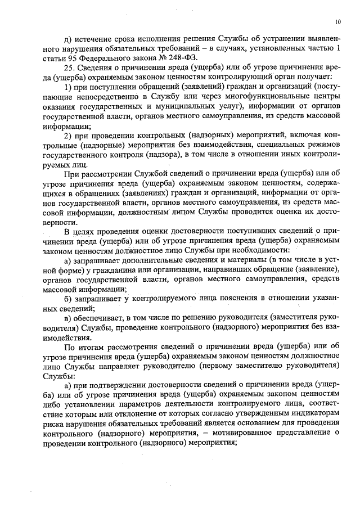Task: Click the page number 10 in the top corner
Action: pyautogui.click(x=337, y=22)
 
